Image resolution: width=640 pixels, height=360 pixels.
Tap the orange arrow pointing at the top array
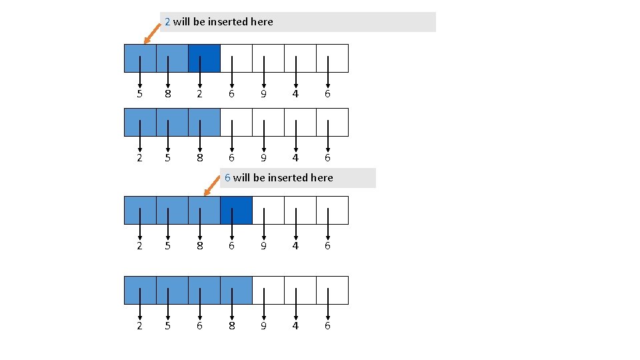pyautogui.click(x=153, y=35)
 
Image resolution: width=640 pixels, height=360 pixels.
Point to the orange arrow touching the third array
pyautogui.click(x=212, y=187)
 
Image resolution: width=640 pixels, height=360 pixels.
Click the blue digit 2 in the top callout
pyautogui.click(x=168, y=22)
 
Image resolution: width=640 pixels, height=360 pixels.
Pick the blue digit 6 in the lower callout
pyautogui.click(x=227, y=178)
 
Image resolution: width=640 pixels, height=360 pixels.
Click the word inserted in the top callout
pyautogui.click(x=228, y=22)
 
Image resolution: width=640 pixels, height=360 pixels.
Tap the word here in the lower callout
pyautogui.click(x=321, y=178)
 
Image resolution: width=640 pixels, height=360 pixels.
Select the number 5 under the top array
pyautogui.click(x=139, y=94)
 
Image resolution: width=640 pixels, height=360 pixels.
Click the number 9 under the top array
pyautogui.click(x=264, y=94)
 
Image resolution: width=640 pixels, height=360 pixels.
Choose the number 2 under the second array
pyautogui.click(x=139, y=158)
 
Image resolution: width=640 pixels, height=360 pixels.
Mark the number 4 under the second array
pyautogui.click(x=295, y=158)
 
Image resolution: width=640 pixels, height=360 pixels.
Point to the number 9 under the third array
pyautogui.click(x=264, y=246)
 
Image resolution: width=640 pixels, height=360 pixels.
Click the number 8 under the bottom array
pyautogui.click(x=232, y=326)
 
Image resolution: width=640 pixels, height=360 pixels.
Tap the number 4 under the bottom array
pyautogui.click(x=295, y=326)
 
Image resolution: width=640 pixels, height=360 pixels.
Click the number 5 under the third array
pyautogui.click(x=168, y=246)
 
